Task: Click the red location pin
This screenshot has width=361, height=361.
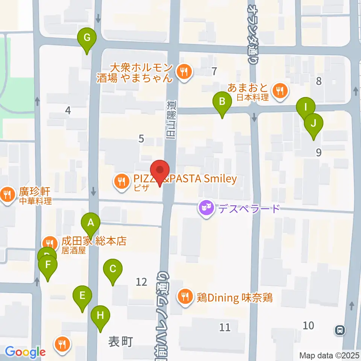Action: click(x=160, y=170)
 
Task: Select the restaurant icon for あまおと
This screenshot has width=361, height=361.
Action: click(x=280, y=90)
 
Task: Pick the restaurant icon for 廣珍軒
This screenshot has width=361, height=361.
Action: click(x=7, y=194)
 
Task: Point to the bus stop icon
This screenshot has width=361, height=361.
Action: click(x=340, y=330)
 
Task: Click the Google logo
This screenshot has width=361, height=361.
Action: click(x=25, y=352)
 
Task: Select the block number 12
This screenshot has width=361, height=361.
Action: click(x=141, y=281)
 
